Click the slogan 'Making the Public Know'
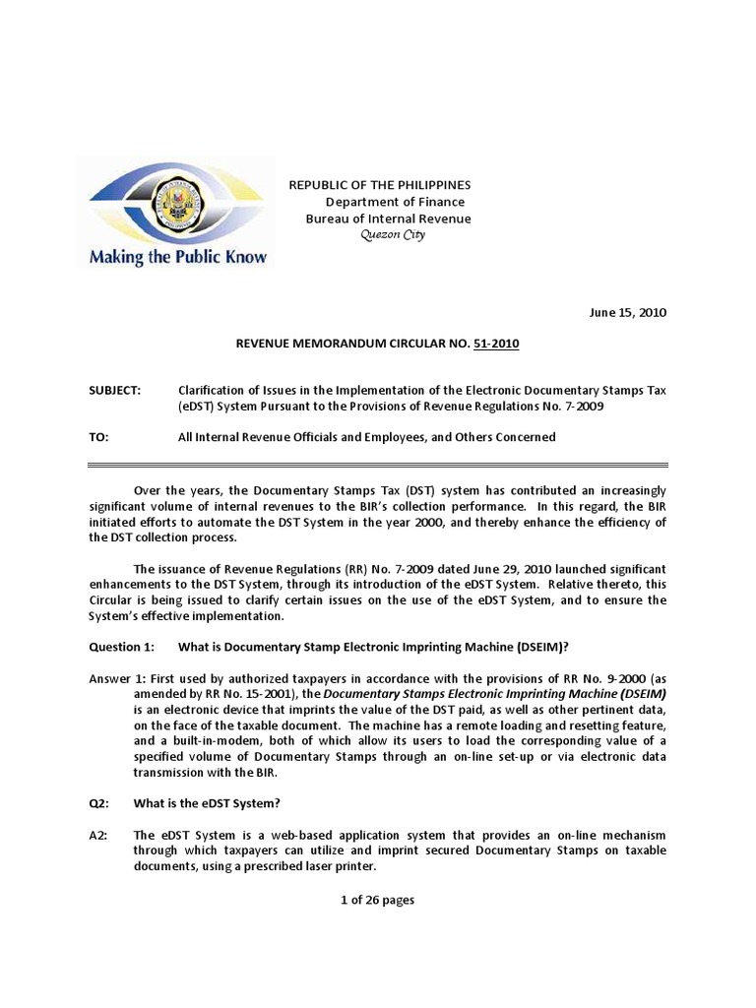pyautogui.click(x=178, y=258)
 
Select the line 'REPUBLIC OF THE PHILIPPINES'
pyautogui.click(x=379, y=185)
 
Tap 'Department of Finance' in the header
pyautogui.click(x=395, y=202)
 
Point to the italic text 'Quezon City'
pyautogui.click(x=392, y=235)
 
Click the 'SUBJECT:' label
pyautogui.click(x=115, y=390)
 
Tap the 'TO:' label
pyautogui.click(x=98, y=437)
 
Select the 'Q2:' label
pyautogui.click(x=98, y=803)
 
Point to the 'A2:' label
pyautogui.click(x=98, y=835)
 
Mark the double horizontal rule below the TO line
pyautogui.click(x=378, y=465)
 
